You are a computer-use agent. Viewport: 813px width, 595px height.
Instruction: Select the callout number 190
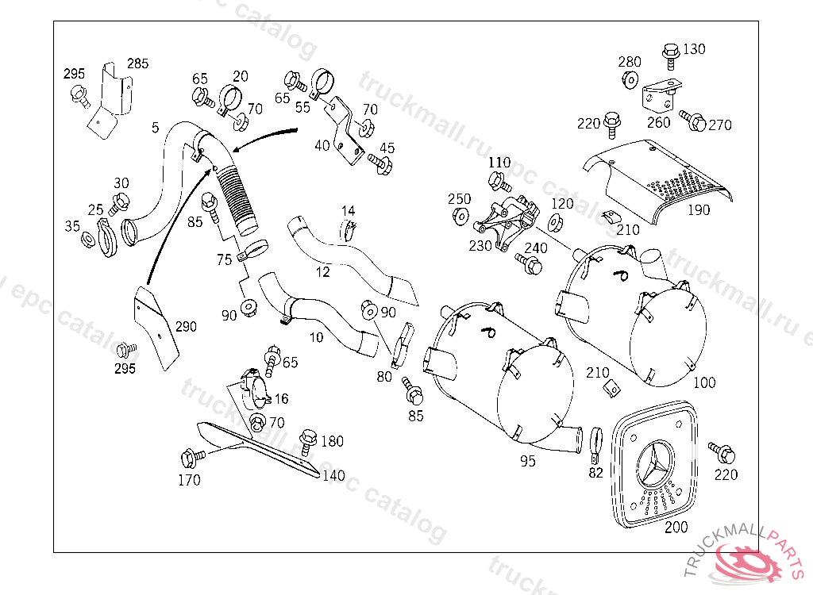coord(699,210)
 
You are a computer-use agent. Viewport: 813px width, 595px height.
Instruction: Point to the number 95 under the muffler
coord(527,461)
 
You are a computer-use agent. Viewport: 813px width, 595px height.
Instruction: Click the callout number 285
coord(137,63)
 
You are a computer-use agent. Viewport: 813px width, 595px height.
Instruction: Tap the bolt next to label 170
coord(191,458)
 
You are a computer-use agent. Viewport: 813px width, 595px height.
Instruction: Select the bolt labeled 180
coord(308,440)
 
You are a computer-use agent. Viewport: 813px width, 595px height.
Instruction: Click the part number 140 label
coord(333,476)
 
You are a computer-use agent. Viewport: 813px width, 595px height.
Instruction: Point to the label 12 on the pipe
coord(322,272)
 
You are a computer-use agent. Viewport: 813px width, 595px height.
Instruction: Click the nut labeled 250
coord(459,216)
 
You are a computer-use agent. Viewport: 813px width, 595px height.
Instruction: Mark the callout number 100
coord(703,382)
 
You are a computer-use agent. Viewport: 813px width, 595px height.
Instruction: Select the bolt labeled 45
coord(381,163)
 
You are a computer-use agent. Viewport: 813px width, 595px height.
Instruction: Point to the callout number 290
coord(186,326)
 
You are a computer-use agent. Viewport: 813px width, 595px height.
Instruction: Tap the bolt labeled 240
coord(526,261)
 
